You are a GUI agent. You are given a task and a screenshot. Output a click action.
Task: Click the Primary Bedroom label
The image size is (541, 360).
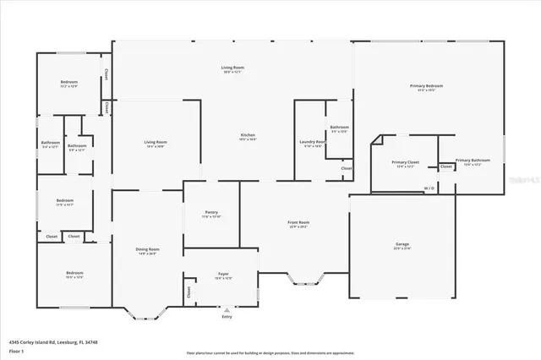(427, 85)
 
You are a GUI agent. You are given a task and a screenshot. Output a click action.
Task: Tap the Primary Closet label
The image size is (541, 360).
(405, 161)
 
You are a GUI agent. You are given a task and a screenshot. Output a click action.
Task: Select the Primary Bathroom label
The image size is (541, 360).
(473, 160)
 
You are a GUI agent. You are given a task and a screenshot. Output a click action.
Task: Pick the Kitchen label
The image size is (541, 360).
(248, 135)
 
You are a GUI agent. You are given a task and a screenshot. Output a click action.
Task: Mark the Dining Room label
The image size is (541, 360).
(148, 249)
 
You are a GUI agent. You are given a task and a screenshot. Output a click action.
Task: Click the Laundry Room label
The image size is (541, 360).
(312, 142)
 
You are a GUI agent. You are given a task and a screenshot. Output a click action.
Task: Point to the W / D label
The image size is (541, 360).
(429, 188)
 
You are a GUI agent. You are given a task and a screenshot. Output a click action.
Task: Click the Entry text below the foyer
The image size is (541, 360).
(226, 317)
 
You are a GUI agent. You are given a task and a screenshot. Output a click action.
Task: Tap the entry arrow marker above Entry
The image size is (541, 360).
(226, 309)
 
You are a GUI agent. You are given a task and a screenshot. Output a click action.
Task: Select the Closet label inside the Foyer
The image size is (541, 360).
(189, 292)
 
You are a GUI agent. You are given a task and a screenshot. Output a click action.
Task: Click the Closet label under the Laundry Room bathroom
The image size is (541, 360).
(347, 168)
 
